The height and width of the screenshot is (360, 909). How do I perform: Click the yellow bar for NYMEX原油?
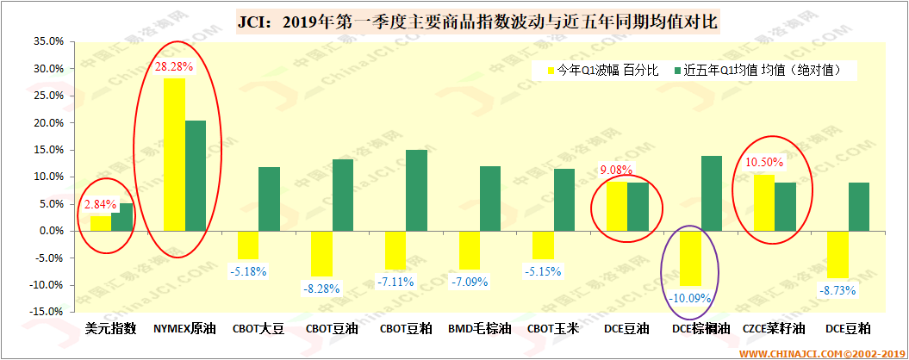[175, 155]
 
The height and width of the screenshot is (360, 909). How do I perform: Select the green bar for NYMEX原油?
[196, 176]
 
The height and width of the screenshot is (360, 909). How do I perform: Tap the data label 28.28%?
[173, 66]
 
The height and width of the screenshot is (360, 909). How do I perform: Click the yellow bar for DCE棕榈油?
[690, 258]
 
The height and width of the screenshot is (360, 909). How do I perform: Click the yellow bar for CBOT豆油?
[321, 253]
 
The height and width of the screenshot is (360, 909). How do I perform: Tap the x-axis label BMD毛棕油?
[480, 328]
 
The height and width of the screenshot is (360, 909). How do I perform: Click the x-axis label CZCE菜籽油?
[775, 328]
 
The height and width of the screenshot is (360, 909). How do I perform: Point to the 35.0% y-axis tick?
[48, 41]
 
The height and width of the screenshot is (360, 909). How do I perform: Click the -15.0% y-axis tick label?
[47, 312]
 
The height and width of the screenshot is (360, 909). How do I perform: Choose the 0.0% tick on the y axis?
[51, 231]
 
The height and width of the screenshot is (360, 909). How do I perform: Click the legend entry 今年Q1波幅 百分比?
[603, 70]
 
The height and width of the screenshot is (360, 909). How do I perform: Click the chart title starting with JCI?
[476, 19]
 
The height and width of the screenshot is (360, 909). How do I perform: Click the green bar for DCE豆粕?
[858, 207]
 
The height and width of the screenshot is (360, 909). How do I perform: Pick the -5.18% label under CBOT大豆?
[248, 271]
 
